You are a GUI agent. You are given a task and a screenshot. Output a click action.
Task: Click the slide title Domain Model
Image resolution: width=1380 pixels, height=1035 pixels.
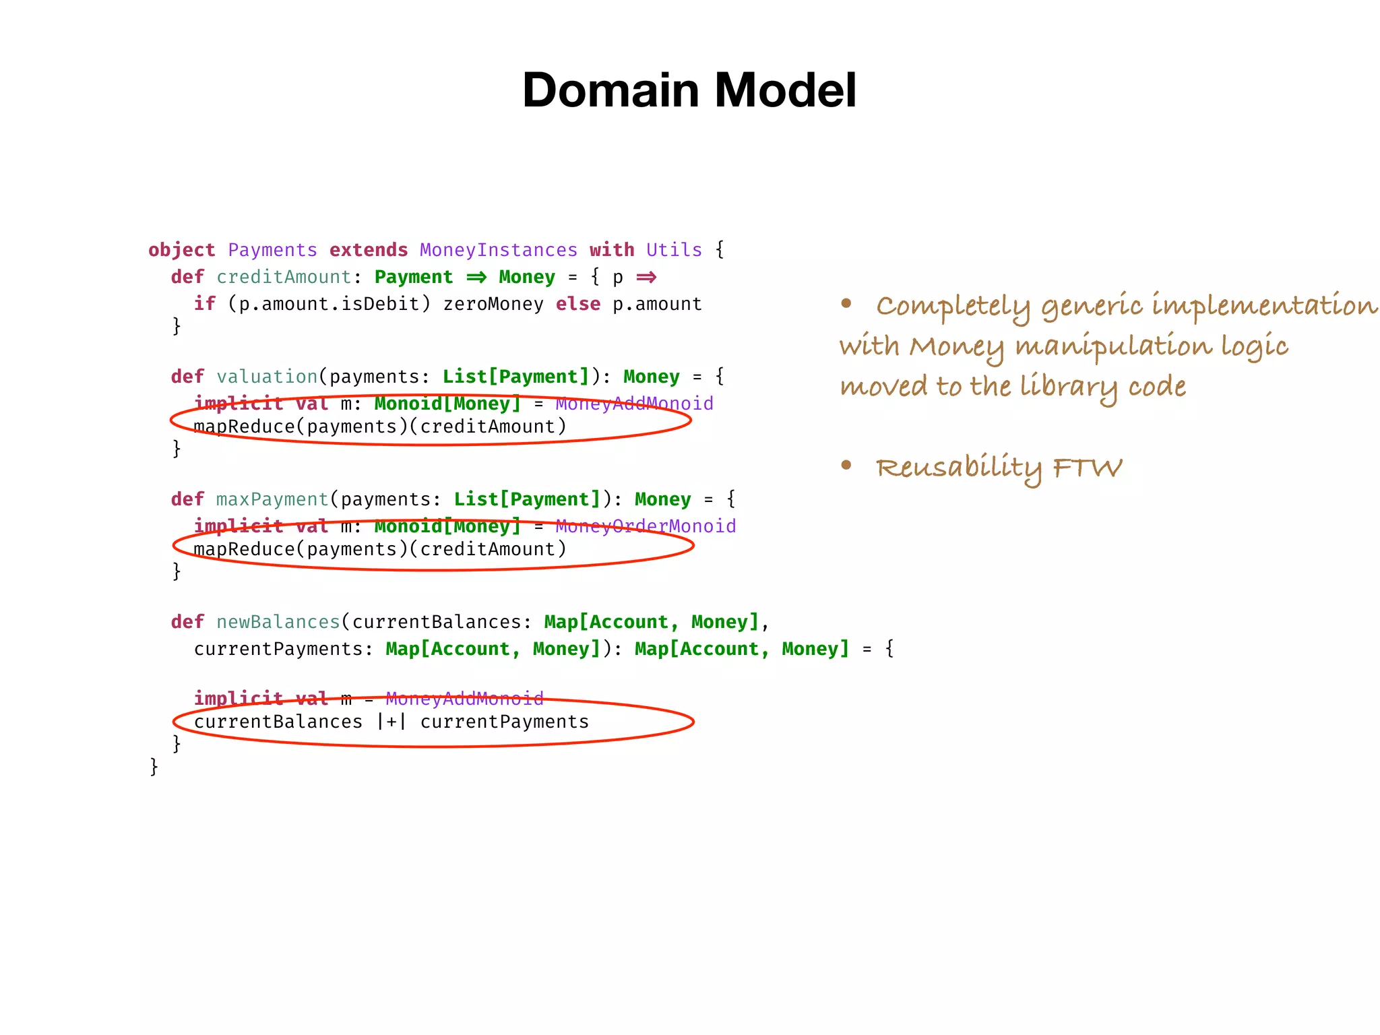tap(689, 90)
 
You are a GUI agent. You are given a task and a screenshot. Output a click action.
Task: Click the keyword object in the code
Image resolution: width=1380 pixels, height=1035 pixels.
tap(181, 250)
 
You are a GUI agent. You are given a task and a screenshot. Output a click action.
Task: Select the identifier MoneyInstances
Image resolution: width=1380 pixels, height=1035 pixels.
tap(498, 250)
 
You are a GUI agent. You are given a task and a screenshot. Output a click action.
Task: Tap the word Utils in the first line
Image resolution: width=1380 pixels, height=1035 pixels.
tap(674, 250)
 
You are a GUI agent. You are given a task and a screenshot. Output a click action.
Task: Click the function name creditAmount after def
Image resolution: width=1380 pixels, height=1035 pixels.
tap(284, 277)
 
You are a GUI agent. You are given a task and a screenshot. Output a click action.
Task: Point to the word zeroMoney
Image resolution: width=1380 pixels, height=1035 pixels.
tap(493, 304)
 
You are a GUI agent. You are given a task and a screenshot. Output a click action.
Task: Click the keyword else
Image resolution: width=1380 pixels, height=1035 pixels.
tap(577, 304)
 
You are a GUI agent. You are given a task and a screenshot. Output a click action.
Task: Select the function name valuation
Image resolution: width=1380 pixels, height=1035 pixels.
tap(267, 377)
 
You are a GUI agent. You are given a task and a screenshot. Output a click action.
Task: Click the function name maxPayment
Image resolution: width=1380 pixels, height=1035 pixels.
tap(272, 499)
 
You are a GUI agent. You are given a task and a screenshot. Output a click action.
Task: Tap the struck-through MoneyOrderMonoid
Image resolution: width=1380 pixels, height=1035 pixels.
tap(646, 526)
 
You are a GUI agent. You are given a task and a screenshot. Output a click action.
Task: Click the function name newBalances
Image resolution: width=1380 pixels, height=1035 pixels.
tap(278, 622)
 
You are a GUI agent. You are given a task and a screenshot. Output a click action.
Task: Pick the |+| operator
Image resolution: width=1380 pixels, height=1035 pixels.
tap(391, 722)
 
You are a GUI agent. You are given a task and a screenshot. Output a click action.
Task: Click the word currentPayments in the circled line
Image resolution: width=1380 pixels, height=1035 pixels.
tap(505, 722)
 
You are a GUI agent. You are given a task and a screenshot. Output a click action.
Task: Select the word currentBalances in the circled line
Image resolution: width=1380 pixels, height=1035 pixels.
tap(278, 722)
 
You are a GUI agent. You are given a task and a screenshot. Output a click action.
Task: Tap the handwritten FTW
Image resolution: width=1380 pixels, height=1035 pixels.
tap(1088, 468)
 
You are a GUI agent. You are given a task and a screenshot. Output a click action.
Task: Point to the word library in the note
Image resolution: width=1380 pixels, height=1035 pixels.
tap(1068, 387)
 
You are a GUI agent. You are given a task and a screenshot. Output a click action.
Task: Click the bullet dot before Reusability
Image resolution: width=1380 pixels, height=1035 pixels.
tap(846, 465)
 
